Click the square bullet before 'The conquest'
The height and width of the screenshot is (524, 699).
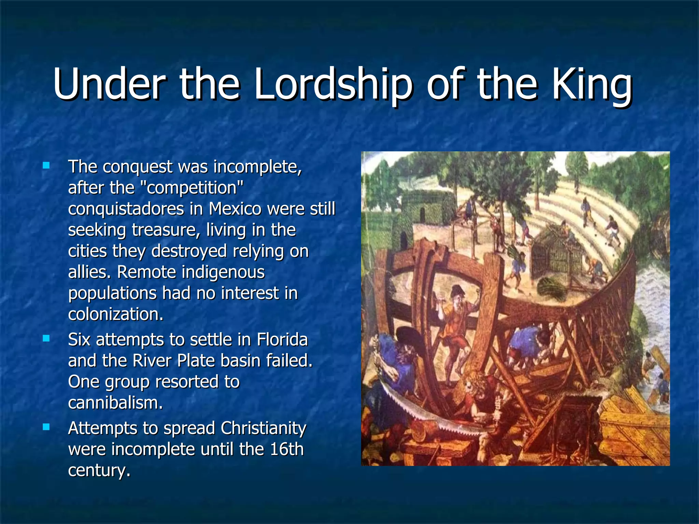coord(46,166)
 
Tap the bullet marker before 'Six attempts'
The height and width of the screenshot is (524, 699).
coord(46,338)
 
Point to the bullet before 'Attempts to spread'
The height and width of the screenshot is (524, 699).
coord(46,427)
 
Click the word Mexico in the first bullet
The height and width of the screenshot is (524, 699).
coord(235,209)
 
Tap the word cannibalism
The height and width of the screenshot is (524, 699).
coord(115,403)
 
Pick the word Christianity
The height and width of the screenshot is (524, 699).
coord(263,428)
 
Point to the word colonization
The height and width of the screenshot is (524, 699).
coord(115,314)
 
